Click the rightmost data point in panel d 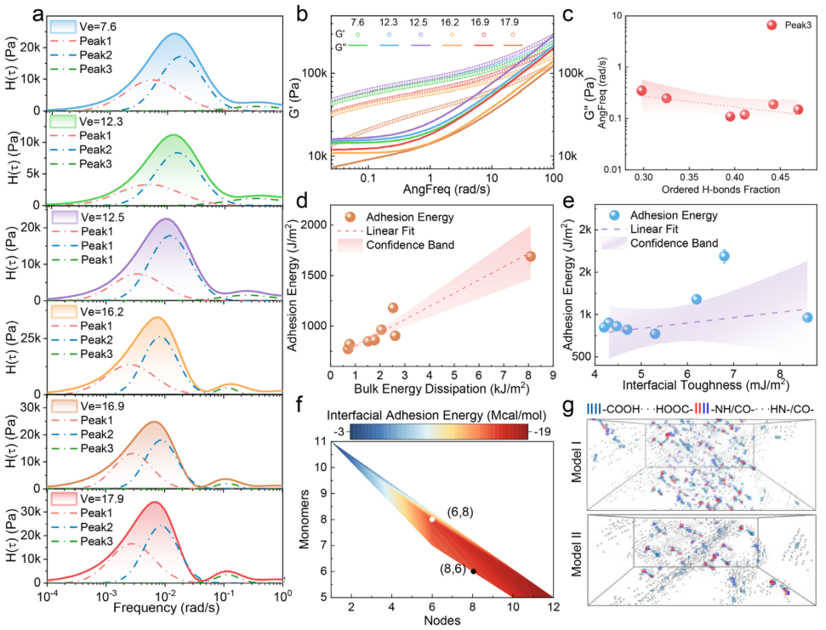[x=530, y=256]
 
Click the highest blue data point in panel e [x=724, y=256]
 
